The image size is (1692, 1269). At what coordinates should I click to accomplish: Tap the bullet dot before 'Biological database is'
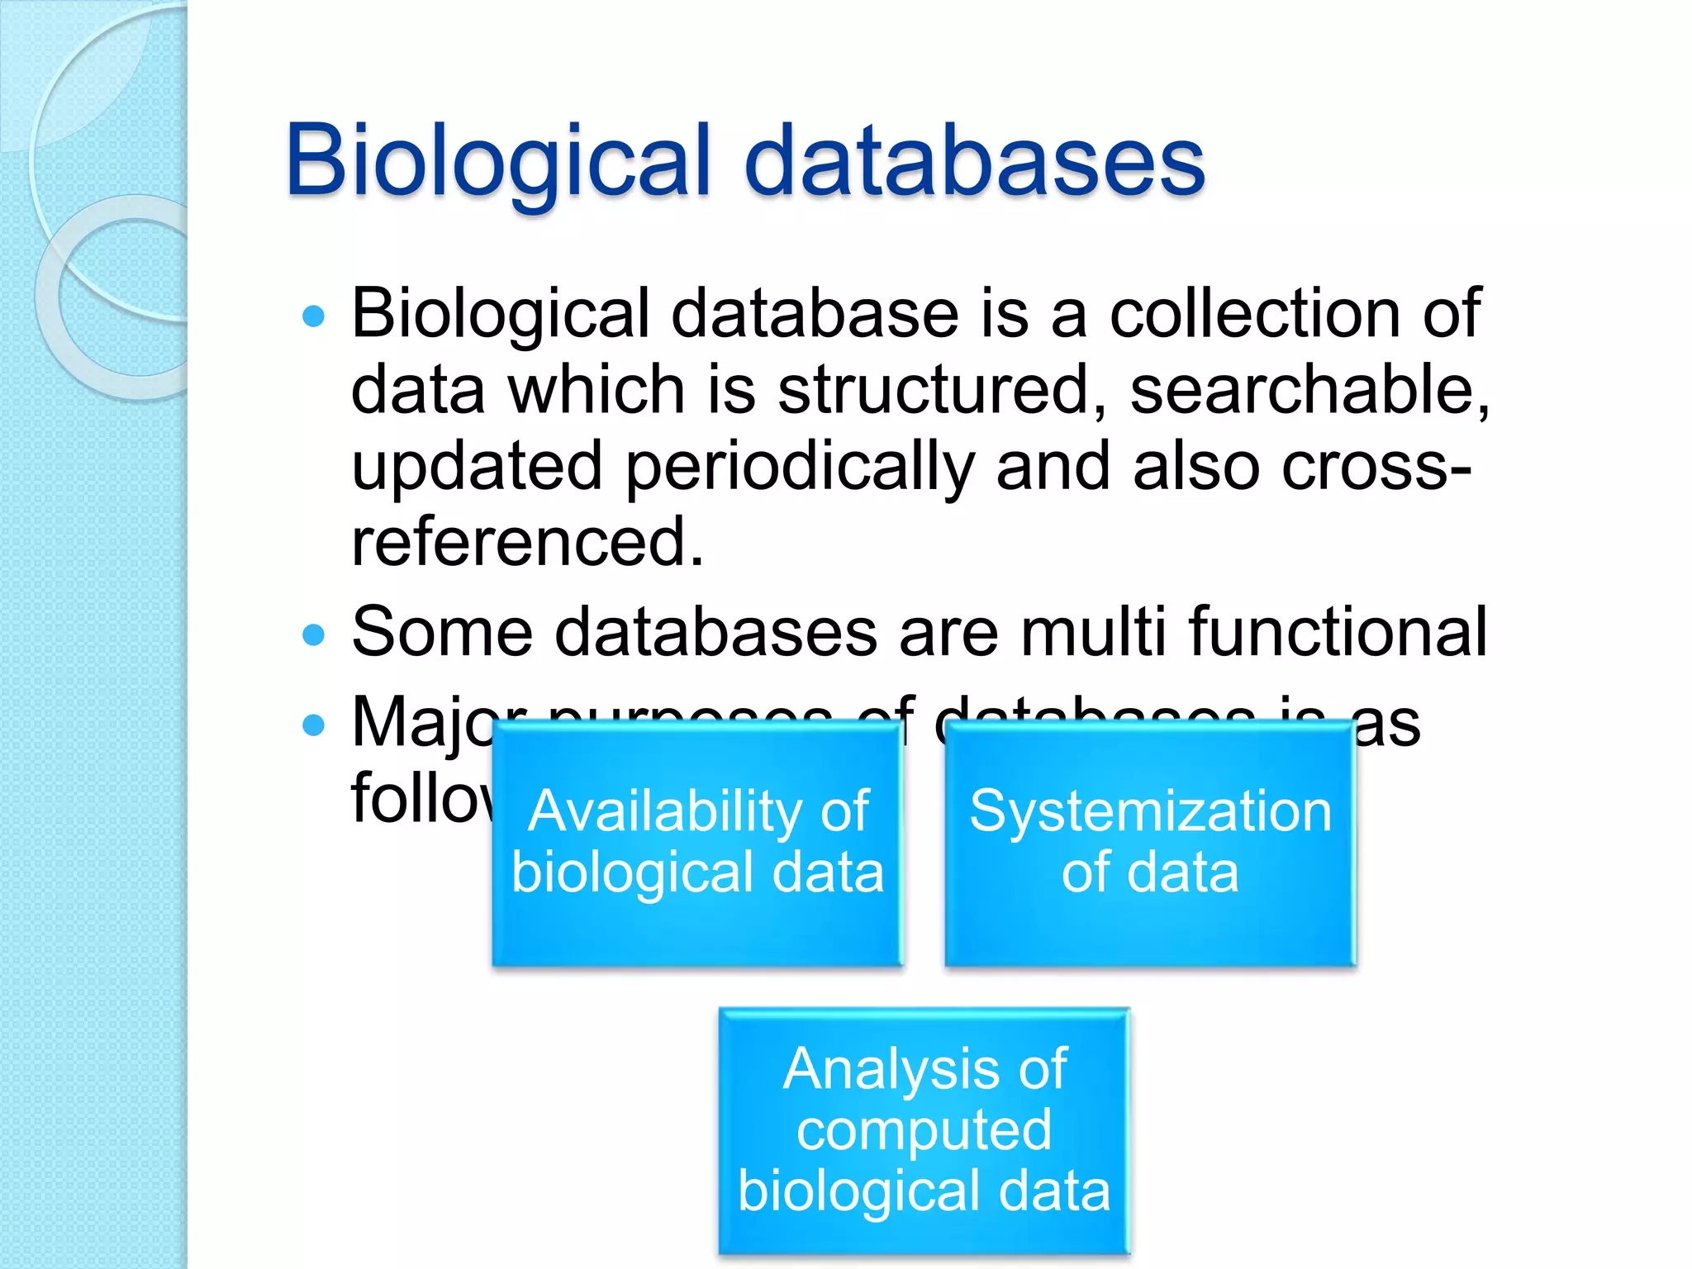tap(314, 316)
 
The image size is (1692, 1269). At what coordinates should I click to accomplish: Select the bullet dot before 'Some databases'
tap(314, 634)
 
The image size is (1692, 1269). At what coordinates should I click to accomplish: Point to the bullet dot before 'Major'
tap(314, 725)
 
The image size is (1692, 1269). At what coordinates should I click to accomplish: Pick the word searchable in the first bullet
tap(1309, 390)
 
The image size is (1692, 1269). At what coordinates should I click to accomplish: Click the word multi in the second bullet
tap(1094, 632)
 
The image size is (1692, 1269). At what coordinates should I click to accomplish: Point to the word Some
tap(442, 632)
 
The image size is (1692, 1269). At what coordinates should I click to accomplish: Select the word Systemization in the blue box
tap(1151, 811)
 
